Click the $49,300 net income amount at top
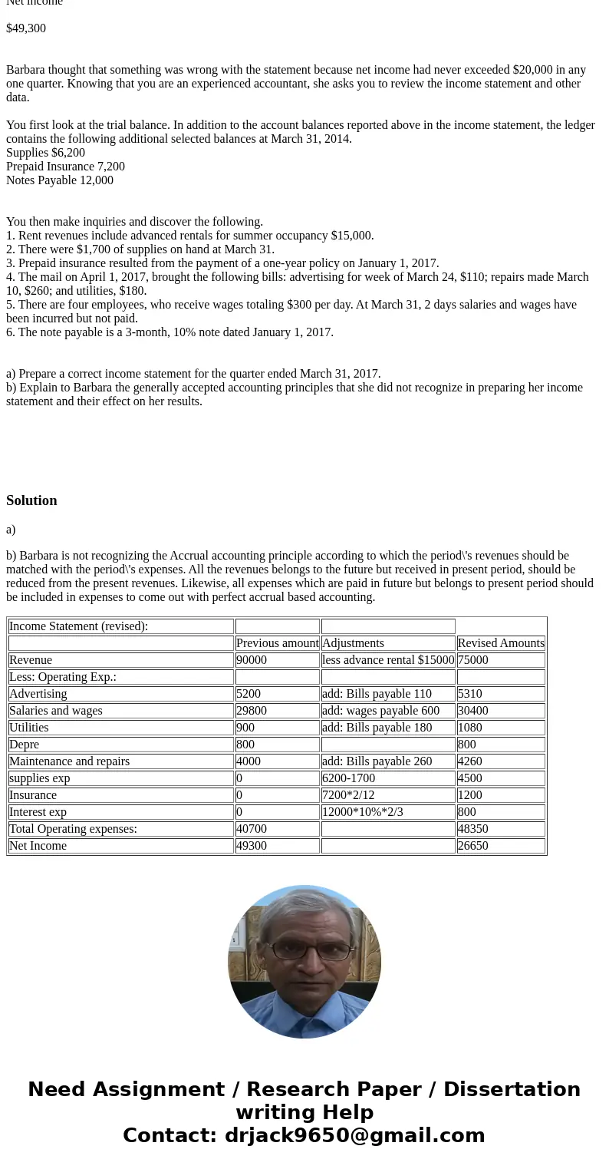point(26,28)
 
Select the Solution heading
point(31,500)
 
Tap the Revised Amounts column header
point(501,643)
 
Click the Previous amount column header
point(277,643)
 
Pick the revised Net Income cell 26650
point(473,846)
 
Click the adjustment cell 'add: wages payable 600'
point(380,711)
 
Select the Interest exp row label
point(38,812)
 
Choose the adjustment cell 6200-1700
point(348,778)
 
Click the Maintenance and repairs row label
point(69,761)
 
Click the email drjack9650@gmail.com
point(354,1135)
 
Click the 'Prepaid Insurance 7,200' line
point(65,167)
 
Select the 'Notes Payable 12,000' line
point(60,180)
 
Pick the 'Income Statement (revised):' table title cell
point(78,626)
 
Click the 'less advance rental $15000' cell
point(387,660)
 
